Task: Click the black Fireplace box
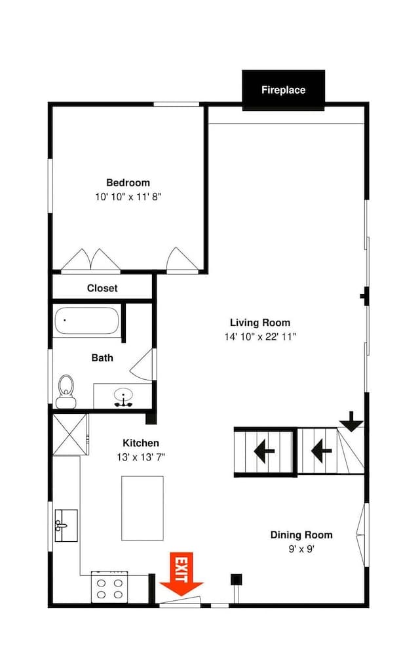point(283,90)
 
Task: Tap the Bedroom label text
point(128,182)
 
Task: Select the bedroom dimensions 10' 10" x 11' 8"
point(128,197)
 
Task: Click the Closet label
point(102,288)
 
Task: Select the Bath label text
point(102,358)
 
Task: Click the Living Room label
point(259,323)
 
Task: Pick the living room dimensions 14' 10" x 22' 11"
point(259,337)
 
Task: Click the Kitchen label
point(141,443)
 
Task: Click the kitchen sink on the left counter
point(66,525)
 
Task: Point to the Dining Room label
point(301,535)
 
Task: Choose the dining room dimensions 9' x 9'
point(301,549)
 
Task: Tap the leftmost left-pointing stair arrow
point(264,451)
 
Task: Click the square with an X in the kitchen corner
point(69,434)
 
